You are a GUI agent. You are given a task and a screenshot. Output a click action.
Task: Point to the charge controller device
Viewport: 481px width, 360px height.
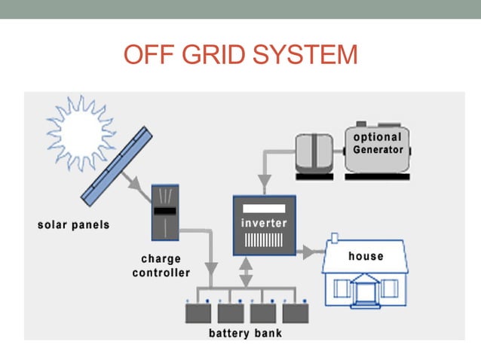click(x=166, y=212)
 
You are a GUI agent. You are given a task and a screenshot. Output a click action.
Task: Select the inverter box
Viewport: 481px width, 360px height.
click(x=263, y=226)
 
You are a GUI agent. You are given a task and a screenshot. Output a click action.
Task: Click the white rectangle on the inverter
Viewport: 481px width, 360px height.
click(x=263, y=207)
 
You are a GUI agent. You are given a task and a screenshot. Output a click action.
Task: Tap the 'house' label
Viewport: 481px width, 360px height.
click(x=366, y=257)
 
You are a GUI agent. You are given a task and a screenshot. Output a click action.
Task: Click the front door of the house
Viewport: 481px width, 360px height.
click(x=366, y=290)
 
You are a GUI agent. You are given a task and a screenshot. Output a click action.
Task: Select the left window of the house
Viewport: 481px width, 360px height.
click(x=342, y=288)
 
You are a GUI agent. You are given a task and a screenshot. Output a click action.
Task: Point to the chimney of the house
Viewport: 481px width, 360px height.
click(x=332, y=242)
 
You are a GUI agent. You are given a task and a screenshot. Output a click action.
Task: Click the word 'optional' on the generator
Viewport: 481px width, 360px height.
click(x=378, y=137)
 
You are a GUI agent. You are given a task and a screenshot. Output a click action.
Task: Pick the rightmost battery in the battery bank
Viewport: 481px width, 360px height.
click(x=295, y=313)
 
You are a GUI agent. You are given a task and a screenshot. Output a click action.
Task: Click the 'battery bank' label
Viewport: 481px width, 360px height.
click(x=245, y=333)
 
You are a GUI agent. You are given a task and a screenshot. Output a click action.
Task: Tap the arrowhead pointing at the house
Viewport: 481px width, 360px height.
click(x=310, y=251)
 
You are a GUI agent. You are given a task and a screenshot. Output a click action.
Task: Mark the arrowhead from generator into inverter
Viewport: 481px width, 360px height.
click(x=263, y=182)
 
